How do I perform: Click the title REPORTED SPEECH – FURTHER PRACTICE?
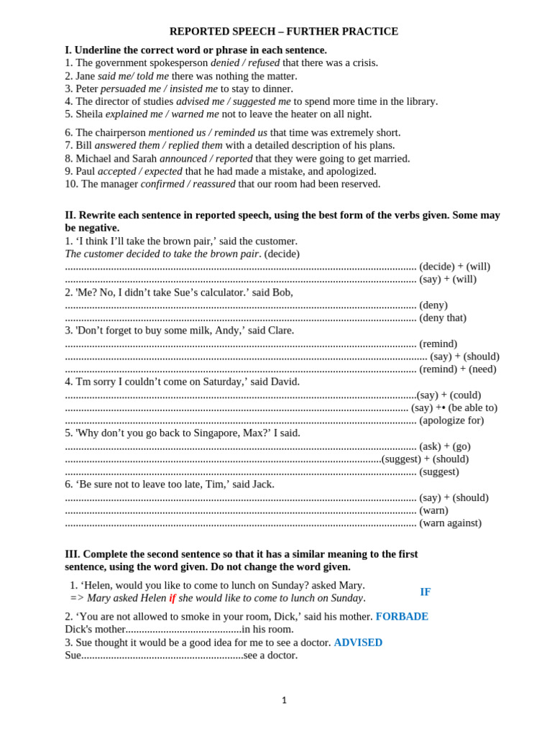click(283, 32)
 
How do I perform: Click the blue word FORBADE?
click(402, 617)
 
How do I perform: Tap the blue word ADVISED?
click(358, 643)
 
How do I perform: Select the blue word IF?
click(425, 592)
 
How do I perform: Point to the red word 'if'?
click(172, 598)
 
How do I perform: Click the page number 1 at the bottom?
click(284, 700)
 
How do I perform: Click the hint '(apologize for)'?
click(451, 420)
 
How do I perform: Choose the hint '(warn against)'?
click(450, 523)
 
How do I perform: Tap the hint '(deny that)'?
click(443, 318)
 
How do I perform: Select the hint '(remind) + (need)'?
click(458, 369)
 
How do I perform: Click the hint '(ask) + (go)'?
click(445, 446)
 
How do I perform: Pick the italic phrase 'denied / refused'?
click(245, 63)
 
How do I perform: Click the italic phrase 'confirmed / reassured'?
click(188, 184)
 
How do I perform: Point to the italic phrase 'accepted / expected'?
click(139, 171)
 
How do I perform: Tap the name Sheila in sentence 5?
click(89, 114)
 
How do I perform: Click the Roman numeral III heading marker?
click(72, 554)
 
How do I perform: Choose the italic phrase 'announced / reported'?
click(206, 158)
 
